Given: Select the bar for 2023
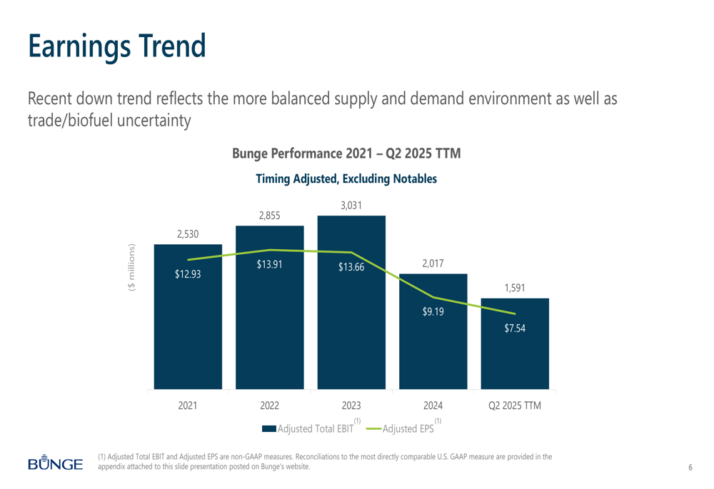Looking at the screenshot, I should click(x=351, y=321).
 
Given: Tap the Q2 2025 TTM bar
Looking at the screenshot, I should click(x=515, y=350).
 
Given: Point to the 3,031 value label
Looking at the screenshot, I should click(x=351, y=206).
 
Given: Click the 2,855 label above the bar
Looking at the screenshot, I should click(x=269, y=216).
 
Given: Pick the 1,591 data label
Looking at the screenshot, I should click(x=515, y=288).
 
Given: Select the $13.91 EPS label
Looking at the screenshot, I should click(x=269, y=265).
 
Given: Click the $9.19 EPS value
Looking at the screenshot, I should click(x=433, y=311).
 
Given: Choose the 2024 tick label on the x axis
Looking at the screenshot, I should click(x=433, y=406).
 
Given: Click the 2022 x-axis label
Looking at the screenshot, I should click(x=269, y=406).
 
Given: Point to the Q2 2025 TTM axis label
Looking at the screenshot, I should click(x=515, y=406).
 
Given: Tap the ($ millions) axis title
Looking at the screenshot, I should click(x=131, y=268).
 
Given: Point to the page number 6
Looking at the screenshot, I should click(x=690, y=468).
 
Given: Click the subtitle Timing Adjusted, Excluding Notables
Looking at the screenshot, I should click(x=346, y=179).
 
